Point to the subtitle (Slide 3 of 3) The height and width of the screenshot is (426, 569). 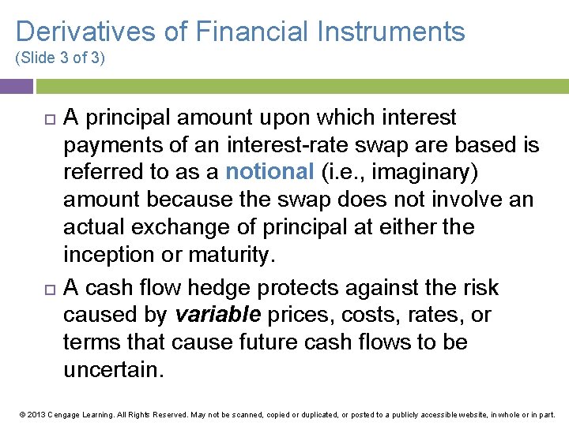pyautogui.click(x=60, y=58)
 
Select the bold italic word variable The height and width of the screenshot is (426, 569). pyautogui.click(x=217, y=315)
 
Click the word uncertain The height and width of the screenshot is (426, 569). pyautogui.click(x=114, y=370)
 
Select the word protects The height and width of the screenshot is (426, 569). pyautogui.click(x=322, y=288)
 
